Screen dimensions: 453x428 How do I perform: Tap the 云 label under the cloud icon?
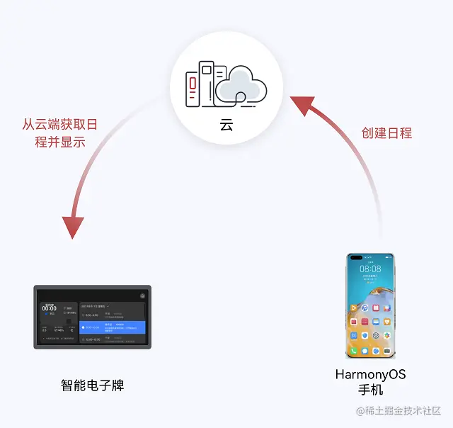point(226,125)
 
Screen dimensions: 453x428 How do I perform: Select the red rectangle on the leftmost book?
point(193,85)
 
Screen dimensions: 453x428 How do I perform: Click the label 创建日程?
point(386,133)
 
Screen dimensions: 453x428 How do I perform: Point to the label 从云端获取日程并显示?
point(59,133)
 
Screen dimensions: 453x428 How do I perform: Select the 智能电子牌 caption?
point(93,386)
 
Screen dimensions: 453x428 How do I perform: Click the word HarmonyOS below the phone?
point(370,374)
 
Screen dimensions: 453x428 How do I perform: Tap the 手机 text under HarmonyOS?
point(370,390)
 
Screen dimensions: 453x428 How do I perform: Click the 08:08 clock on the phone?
point(370,269)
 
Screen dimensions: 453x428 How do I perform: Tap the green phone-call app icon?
point(353,351)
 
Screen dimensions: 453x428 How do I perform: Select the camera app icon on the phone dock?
point(387,351)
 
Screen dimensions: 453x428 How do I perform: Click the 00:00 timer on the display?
point(49,308)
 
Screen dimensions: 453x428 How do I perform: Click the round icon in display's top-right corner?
point(142,295)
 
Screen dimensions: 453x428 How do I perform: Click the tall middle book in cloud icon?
point(206,83)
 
